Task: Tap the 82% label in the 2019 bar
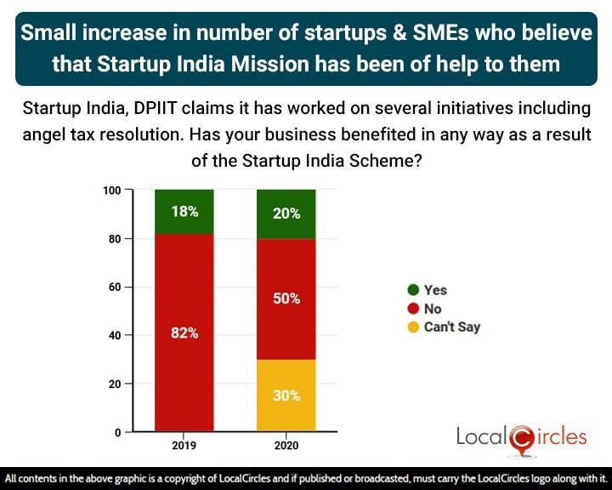[x=184, y=333]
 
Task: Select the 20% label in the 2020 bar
[x=286, y=214]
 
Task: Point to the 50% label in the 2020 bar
[x=286, y=299]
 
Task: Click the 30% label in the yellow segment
[x=286, y=395]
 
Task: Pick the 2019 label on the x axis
[x=184, y=445]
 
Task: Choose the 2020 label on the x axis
[x=286, y=445]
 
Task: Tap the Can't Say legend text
[x=452, y=327]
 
